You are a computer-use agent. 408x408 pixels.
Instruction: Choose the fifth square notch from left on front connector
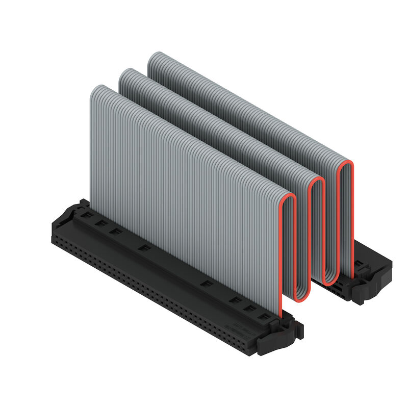pos(205,284)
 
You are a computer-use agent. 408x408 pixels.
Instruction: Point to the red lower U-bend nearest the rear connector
pos(330,282)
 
